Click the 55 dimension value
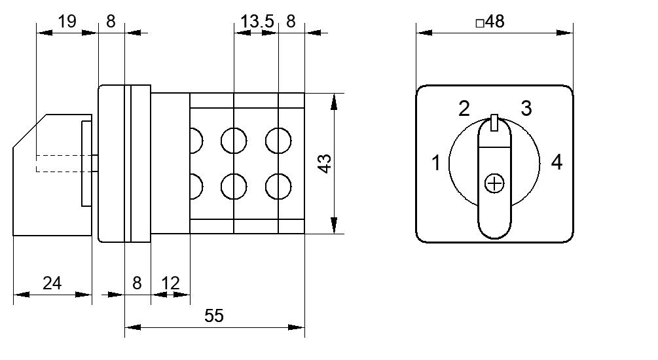(x=214, y=315)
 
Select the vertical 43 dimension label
(x=325, y=164)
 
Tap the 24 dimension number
(x=52, y=283)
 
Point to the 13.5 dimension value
(x=257, y=21)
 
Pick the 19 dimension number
(x=67, y=21)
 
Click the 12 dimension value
(x=170, y=283)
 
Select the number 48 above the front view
(x=495, y=22)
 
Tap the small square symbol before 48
(x=480, y=23)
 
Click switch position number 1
(x=437, y=163)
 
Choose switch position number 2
(x=464, y=109)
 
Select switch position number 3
(x=526, y=108)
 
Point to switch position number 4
(x=557, y=162)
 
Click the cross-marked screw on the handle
(x=494, y=184)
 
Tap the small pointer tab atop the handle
(x=494, y=122)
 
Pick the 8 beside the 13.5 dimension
(x=291, y=21)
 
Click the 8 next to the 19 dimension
(x=111, y=21)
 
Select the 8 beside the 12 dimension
(x=137, y=283)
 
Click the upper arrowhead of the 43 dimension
(x=334, y=101)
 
